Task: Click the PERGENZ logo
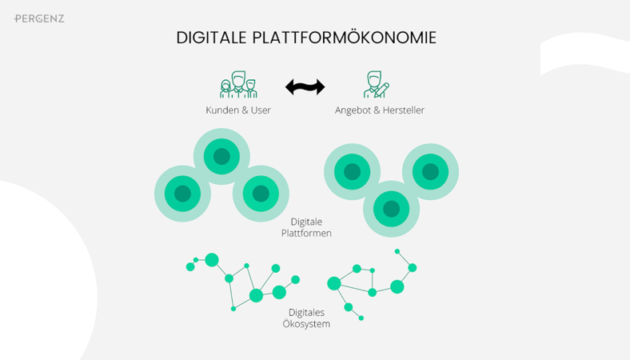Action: (39, 18)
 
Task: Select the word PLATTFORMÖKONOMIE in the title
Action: (344, 38)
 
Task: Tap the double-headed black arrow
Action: (305, 86)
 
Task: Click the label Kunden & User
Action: (238, 110)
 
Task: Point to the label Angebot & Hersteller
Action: (379, 110)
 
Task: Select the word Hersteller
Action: (403, 110)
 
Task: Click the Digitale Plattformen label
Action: (306, 227)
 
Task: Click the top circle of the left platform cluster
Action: (221, 156)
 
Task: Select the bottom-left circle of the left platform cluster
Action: (182, 194)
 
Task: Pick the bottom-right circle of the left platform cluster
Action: (261, 194)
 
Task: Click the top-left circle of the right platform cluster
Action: (352, 171)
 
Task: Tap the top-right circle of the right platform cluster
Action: (430, 171)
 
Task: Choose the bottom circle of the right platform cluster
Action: (391, 209)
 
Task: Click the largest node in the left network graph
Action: (256, 295)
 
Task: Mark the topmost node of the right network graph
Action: (397, 252)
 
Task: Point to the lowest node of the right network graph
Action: (361, 318)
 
